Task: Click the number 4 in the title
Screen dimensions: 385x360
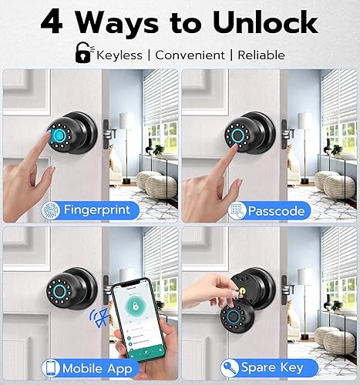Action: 52,22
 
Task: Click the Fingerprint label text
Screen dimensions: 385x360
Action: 100,209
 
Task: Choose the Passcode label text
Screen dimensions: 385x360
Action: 276,209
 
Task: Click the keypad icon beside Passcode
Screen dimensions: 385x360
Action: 236,209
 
